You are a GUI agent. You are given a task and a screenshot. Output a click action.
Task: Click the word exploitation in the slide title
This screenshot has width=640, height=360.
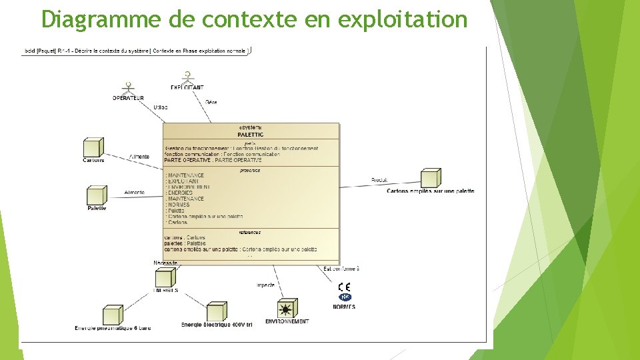point(403,19)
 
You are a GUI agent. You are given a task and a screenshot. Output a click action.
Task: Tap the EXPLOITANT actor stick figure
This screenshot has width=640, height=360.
point(187,77)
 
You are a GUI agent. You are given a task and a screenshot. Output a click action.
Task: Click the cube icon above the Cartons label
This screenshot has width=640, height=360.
point(93,147)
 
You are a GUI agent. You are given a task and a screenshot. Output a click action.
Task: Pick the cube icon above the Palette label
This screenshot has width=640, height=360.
point(97,195)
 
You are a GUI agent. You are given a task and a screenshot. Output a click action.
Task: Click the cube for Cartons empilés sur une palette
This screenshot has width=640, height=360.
point(430,178)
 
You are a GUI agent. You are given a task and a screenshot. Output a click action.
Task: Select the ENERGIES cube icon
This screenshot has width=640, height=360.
point(164,278)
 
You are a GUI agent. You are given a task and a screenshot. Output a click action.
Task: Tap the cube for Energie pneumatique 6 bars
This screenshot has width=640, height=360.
point(112,315)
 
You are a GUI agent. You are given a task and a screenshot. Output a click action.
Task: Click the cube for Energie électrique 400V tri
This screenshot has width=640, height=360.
point(216,311)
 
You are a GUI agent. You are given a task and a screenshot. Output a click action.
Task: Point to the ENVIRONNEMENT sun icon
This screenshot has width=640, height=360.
point(287,308)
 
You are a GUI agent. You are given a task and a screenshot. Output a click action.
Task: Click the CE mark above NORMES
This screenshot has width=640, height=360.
point(344,287)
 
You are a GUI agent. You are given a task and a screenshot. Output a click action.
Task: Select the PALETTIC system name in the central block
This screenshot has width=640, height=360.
point(250,134)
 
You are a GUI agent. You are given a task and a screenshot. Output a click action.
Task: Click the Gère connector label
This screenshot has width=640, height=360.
point(211,102)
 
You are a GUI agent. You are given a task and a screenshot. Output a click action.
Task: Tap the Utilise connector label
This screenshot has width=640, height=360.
point(161,107)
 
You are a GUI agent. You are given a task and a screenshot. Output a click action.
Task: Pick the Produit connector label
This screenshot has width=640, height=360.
point(379,180)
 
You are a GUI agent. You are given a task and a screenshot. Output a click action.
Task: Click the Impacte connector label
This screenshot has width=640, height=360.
point(265,285)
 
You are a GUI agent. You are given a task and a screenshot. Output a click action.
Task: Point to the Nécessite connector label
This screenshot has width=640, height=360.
point(165,263)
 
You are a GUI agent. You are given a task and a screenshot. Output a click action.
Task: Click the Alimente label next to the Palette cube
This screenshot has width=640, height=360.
point(134,193)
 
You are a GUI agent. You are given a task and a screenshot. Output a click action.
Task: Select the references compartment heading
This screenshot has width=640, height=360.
point(250,232)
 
